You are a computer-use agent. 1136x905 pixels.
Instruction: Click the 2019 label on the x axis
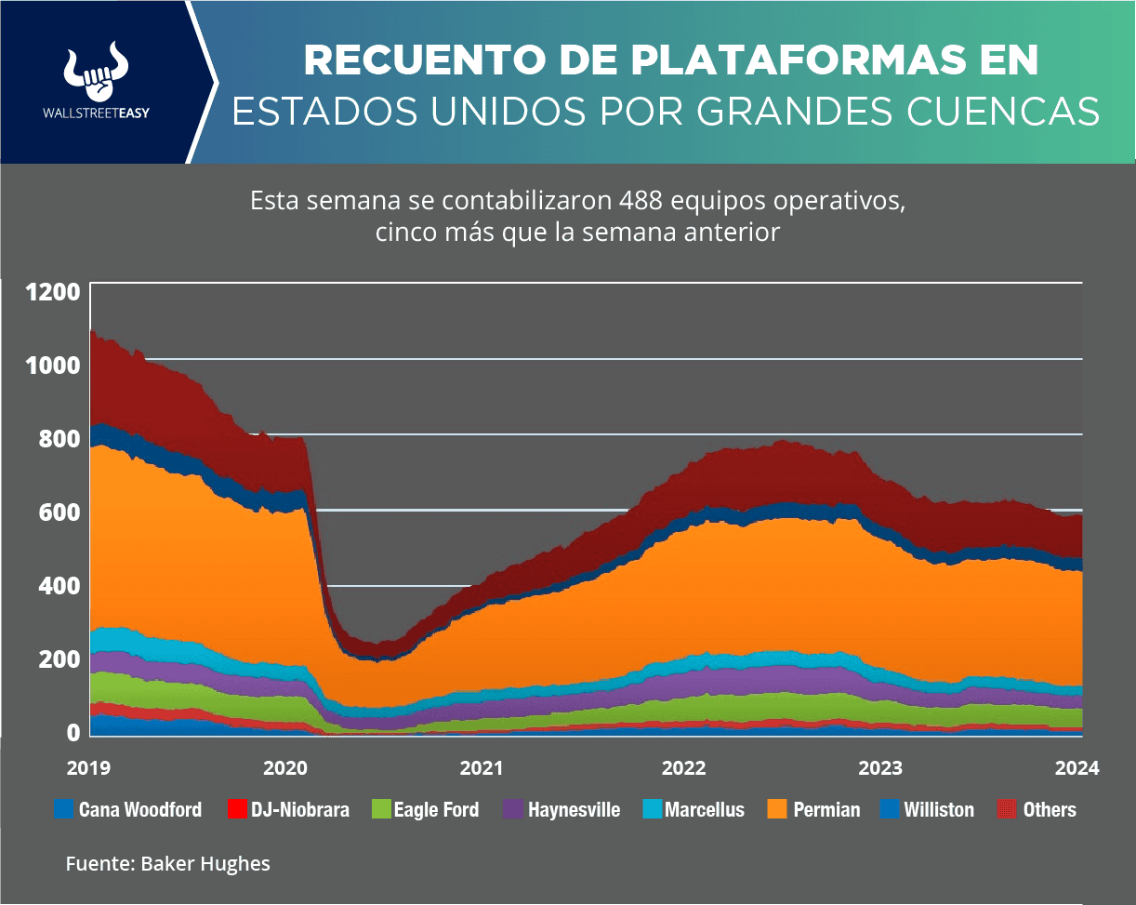pos(89,768)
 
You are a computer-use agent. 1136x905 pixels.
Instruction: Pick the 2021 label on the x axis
pos(481,768)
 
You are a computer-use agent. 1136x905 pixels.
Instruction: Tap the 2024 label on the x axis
pos(1077,768)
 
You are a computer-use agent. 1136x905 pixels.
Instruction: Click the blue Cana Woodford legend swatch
pos(64,809)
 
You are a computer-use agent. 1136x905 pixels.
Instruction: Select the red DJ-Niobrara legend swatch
pos(236,809)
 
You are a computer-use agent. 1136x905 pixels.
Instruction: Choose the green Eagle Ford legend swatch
pos(378,809)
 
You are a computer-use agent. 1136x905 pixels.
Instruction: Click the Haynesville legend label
pos(574,809)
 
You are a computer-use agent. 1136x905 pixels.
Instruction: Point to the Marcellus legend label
pos(705,809)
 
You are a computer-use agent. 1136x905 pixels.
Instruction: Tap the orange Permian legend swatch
pos(778,809)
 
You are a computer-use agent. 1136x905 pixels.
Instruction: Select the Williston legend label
pos(939,809)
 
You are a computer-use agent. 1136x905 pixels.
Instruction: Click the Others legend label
pos(1050,809)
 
